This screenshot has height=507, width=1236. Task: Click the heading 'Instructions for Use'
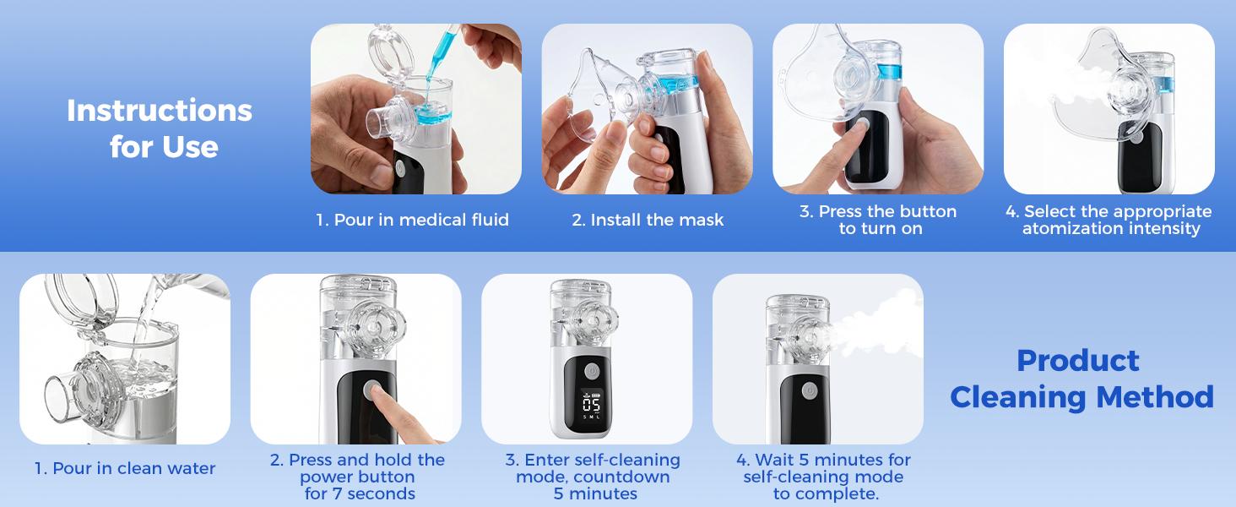pos(160,128)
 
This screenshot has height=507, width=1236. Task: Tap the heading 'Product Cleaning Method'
pos(1081,379)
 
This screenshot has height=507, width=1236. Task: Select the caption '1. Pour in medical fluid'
pos(412,221)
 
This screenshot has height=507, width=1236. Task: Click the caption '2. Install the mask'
pos(648,221)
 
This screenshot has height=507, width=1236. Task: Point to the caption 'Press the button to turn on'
pos(878,220)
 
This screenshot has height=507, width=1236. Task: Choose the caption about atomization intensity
pos(1109,220)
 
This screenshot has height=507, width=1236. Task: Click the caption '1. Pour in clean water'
pos(125,468)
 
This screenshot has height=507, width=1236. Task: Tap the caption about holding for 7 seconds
pos(357,477)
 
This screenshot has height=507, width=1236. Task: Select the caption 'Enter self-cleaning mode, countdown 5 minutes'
pos(593,477)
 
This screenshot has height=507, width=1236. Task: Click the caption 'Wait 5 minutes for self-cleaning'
pos(822,477)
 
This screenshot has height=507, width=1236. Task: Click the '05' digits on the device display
pos(591,403)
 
